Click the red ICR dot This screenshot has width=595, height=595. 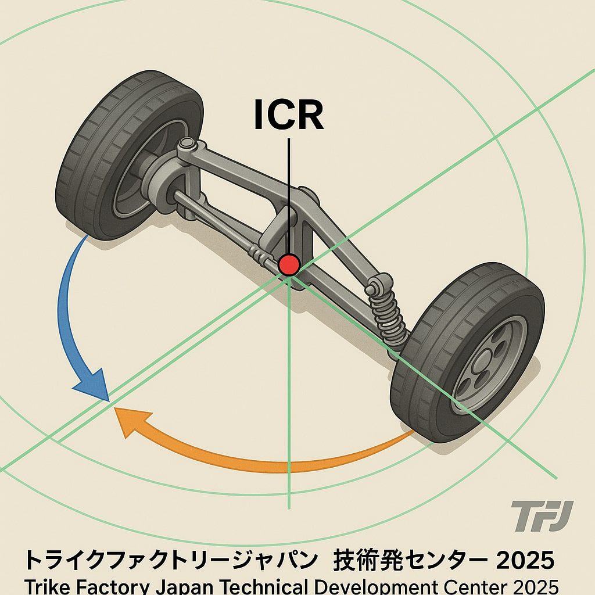289,265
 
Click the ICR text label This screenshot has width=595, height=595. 289,115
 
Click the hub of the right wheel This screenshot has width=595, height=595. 487,363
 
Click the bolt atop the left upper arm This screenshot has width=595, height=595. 187,143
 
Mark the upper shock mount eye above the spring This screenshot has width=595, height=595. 374,285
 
